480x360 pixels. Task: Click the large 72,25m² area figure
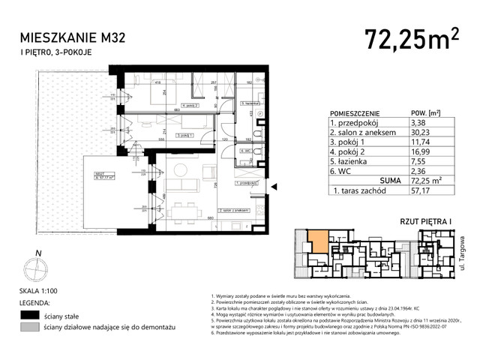[411, 37]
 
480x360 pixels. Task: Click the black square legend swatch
[30, 316]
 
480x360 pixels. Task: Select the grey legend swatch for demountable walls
[30, 328]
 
